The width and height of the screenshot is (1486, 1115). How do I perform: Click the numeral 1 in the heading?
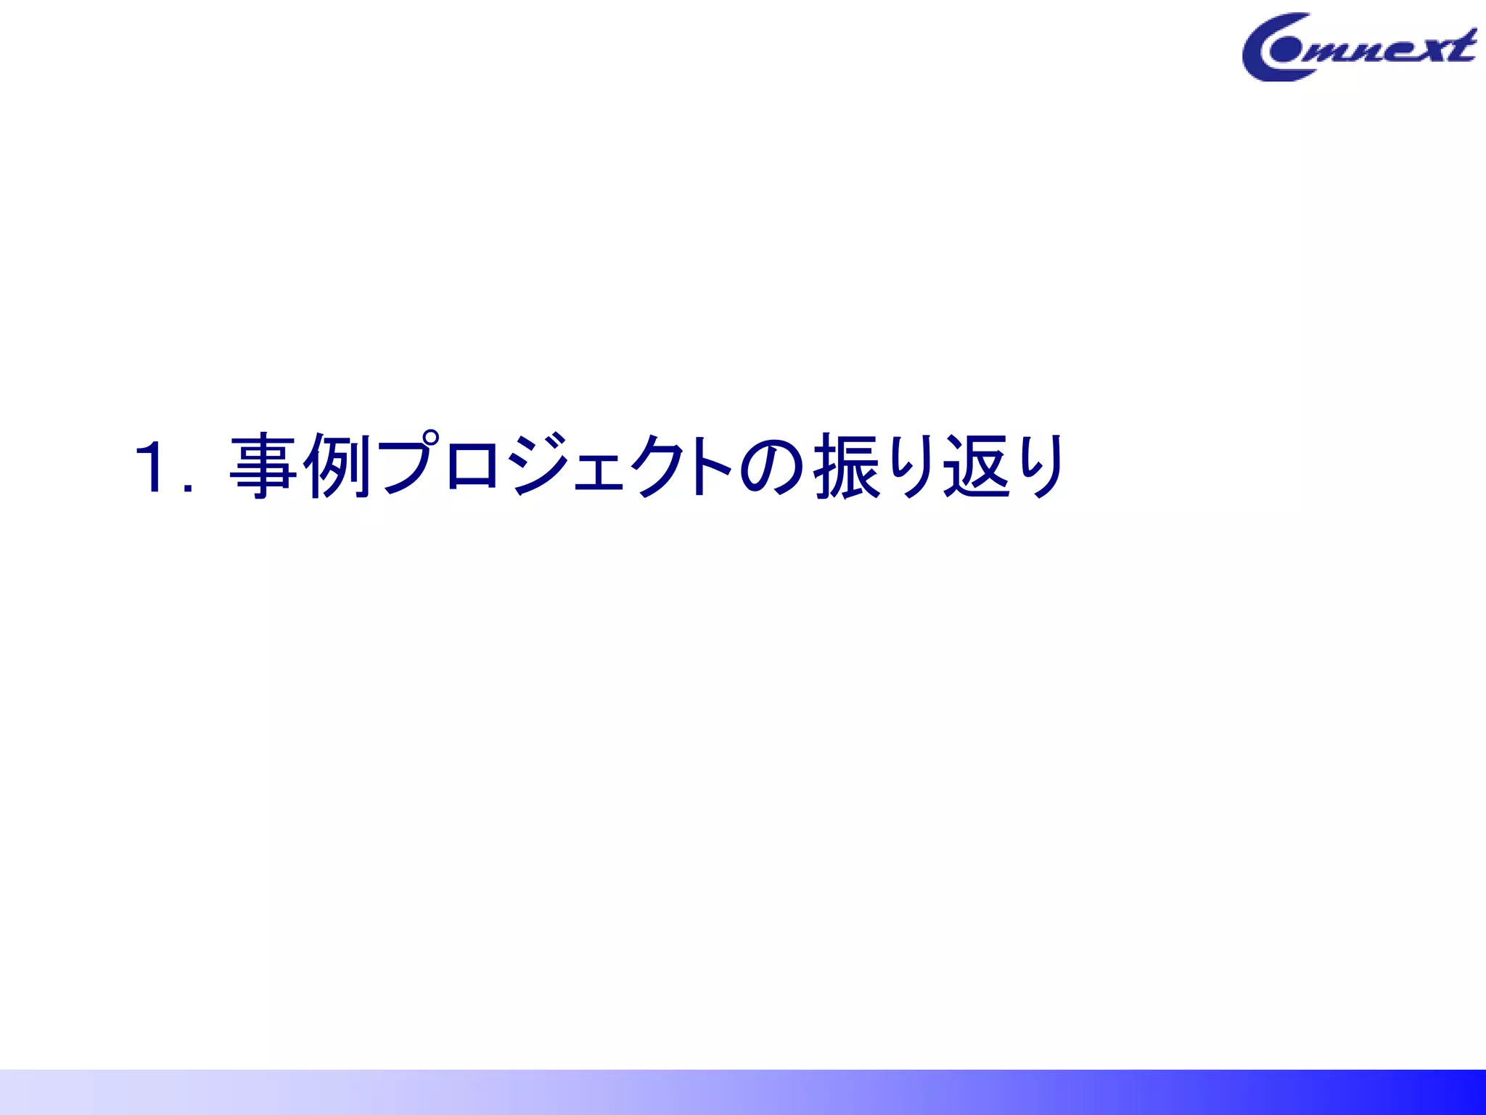point(155,467)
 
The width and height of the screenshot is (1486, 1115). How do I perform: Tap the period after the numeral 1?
point(188,488)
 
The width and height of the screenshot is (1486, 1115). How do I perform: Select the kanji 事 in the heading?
point(263,466)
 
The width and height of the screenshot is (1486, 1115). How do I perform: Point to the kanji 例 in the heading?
point(337,466)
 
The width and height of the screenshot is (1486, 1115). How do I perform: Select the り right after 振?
point(910,466)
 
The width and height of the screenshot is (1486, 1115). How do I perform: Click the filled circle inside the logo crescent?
point(1285,51)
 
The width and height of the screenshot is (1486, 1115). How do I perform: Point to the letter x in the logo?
point(1429,49)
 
